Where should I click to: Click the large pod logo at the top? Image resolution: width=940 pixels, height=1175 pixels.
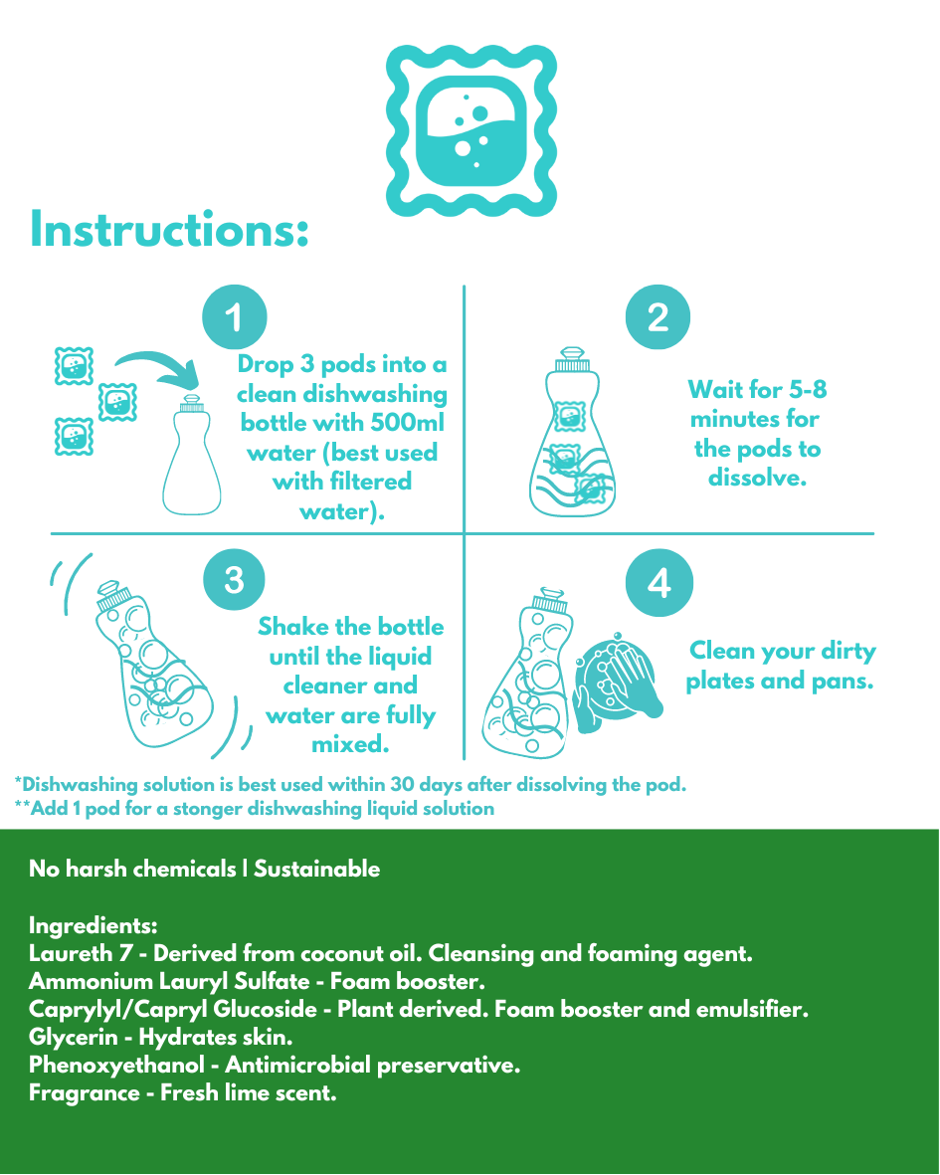click(471, 130)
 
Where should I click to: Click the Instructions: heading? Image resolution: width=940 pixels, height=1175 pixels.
click(169, 229)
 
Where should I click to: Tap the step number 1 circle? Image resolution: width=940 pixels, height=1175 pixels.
click(235, 317)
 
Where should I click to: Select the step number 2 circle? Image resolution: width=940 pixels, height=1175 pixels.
click(658, 317)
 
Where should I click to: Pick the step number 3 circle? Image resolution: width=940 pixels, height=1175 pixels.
click(235, 580)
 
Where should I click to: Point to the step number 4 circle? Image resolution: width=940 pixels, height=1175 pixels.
click(659, 582)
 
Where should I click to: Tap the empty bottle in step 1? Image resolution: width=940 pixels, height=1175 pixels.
click(192, 455)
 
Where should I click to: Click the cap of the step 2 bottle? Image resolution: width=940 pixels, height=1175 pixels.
click(572, 360)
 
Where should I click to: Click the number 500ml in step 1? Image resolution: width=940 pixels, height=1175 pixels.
click(408, 423)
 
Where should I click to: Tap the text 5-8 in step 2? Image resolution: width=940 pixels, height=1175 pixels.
click(808, 389)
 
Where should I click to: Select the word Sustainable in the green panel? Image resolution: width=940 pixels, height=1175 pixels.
click(317, 869)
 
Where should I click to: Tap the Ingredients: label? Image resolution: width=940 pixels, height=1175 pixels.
click(93, 925)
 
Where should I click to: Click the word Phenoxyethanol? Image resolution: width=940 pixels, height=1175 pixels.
click(116, 1065)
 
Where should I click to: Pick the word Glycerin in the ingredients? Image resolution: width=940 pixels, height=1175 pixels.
click(74, 1037)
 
